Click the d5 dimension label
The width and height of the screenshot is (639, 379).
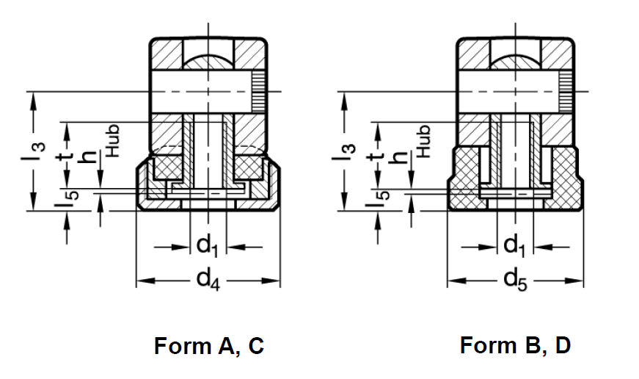(x=517, y=281)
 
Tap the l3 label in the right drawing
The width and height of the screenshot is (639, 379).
(x=343, y=152)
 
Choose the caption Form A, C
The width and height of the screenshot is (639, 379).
(x=208, y=345)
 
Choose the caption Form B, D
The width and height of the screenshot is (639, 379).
(x=515, y=344)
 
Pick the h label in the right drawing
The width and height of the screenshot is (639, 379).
(x=401, y=157)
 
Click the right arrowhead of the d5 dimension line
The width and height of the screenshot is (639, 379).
(x=579, y=281)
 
